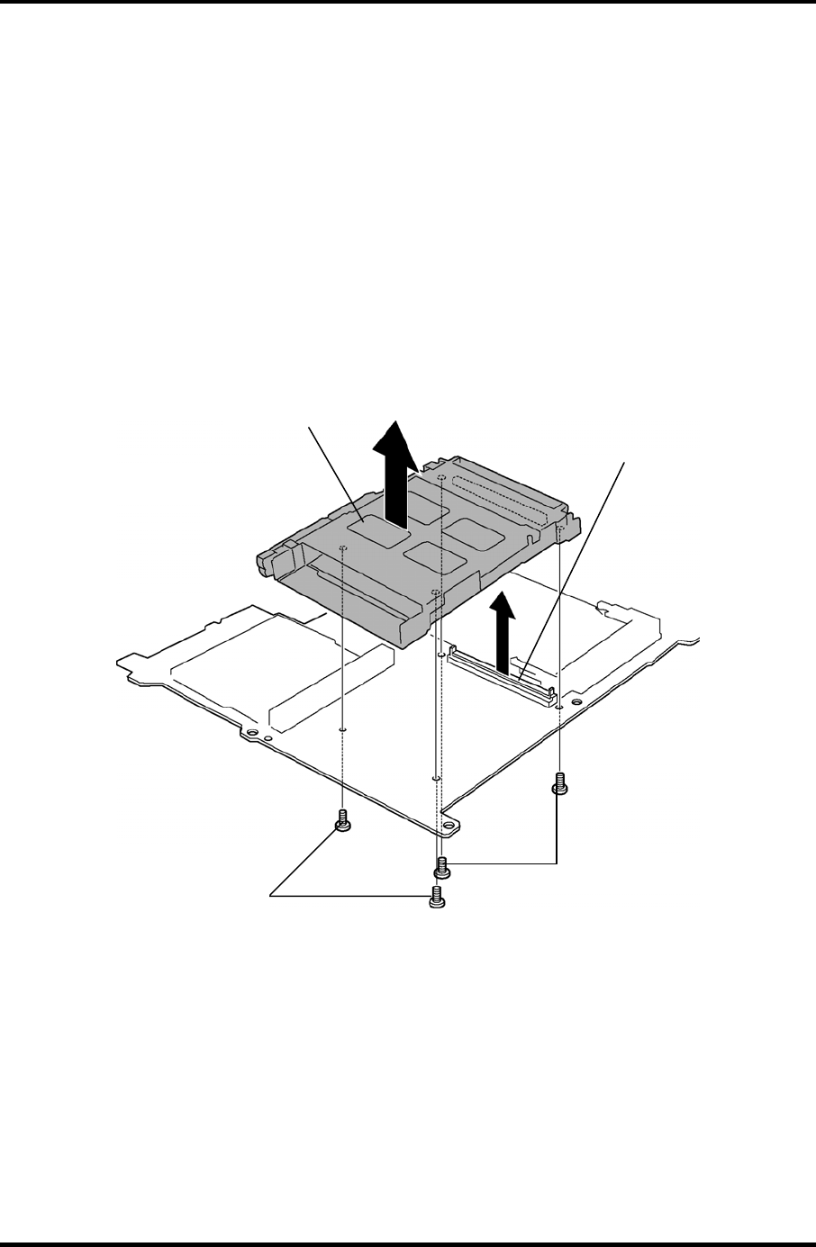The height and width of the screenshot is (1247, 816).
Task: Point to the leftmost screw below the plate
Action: click(x=342, y=821)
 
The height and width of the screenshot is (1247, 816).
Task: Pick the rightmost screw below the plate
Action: click(x=558, y=783)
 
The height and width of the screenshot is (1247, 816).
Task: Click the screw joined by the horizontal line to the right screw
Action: click(x=441, y=866)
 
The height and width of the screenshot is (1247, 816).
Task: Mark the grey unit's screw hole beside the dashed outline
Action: click(x=442, y=478)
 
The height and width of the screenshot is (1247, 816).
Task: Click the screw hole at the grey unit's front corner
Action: click(x=436, y=592)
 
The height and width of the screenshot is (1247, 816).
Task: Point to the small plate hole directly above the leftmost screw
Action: click(x=344, y=728)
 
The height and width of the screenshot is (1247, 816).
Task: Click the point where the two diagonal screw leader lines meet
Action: click(x=272, y=895)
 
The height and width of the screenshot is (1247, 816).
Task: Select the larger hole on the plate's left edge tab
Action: click(x=251, y=734)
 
